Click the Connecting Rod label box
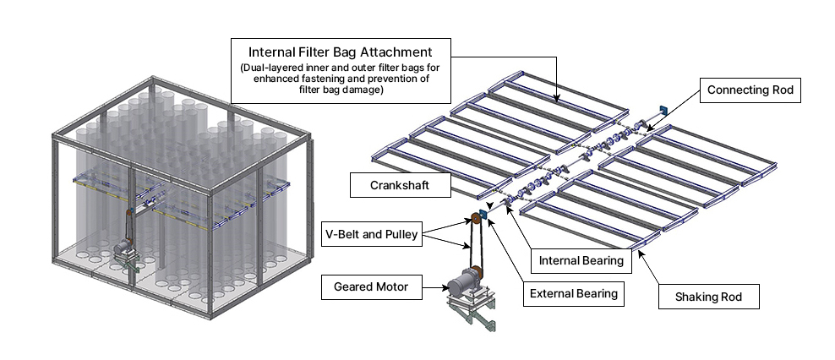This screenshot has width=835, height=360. click(750, 90)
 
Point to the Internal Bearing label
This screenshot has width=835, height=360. click(581, 260)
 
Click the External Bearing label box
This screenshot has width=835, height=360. click(573, 295)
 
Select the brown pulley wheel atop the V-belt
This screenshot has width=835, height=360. click(474, 221)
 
